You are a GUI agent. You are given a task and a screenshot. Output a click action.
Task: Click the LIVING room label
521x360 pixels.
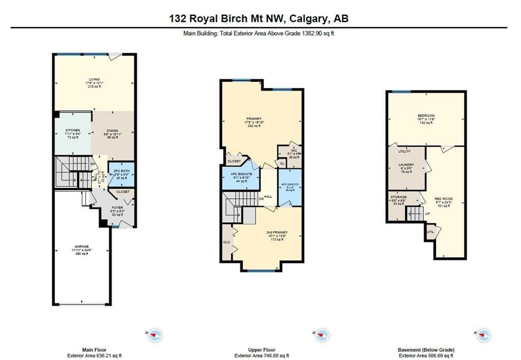pyautogui.click(x=94, y=79)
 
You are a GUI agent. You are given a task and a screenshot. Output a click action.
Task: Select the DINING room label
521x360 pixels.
pyautogui.click(x=113, y=131)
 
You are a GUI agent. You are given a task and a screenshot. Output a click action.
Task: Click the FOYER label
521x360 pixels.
pyautogui.click(x=118, y=207)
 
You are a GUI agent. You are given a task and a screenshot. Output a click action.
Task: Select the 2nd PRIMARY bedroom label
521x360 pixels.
pyautogui.click(x=277, y=233)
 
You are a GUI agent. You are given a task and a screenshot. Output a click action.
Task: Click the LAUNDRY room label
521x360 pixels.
pyautogui.click(x=407, y=165)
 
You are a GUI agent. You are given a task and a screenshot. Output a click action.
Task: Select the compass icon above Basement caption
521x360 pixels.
pyautogui.click(x=484, y=335)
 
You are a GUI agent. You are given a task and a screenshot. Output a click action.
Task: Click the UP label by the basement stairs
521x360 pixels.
pyautogui.click(x=427, y=214)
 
